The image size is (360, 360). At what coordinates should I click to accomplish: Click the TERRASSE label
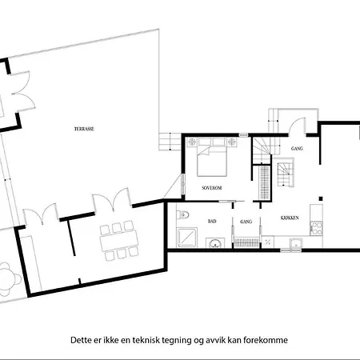[x=82, y=128]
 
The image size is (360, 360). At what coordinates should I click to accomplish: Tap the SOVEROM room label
[x=212, y=187]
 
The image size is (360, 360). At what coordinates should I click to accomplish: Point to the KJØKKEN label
[x=290, y=218]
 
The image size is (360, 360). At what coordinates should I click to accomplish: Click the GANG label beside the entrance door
[x=296, y=149]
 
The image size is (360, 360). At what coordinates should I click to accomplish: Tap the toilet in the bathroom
[x=183, y=214]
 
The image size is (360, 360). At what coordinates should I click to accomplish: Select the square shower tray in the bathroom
[x=187, y=237]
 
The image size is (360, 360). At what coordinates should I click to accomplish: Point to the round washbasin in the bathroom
[x=215, y=245]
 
